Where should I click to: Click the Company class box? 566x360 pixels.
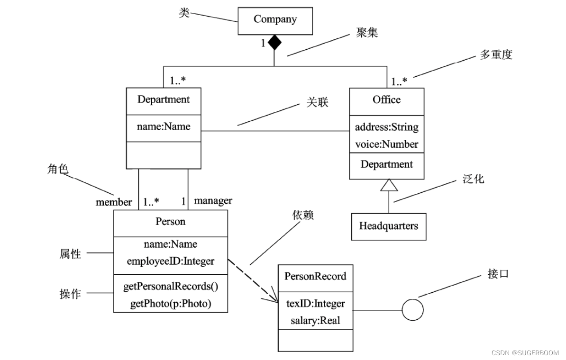coord(275,20)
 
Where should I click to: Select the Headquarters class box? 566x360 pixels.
coord(388,226)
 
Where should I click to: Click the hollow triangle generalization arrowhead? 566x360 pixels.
coord(389,186)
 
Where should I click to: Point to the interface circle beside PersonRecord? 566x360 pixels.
coord(412,310)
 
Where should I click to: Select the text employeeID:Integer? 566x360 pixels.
coord(171,261)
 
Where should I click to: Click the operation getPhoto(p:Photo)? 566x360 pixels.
coord(171,304)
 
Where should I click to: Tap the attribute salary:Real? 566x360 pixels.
coord(315,320)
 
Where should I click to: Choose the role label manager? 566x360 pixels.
coord(213,201)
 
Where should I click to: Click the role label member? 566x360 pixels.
coord(114,202)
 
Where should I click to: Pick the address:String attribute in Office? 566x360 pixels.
coord(386,127)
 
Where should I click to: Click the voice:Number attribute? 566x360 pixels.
coord(386,144)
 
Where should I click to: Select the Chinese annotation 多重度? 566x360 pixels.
coord(496,55)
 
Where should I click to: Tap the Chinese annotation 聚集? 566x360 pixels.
coord(367,33)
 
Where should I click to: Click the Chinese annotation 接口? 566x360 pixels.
coord(498,274)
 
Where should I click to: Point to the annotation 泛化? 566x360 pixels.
coord(473,179)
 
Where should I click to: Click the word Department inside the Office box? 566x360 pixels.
coord(386,164)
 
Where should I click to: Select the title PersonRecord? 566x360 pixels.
coord(315,276)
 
